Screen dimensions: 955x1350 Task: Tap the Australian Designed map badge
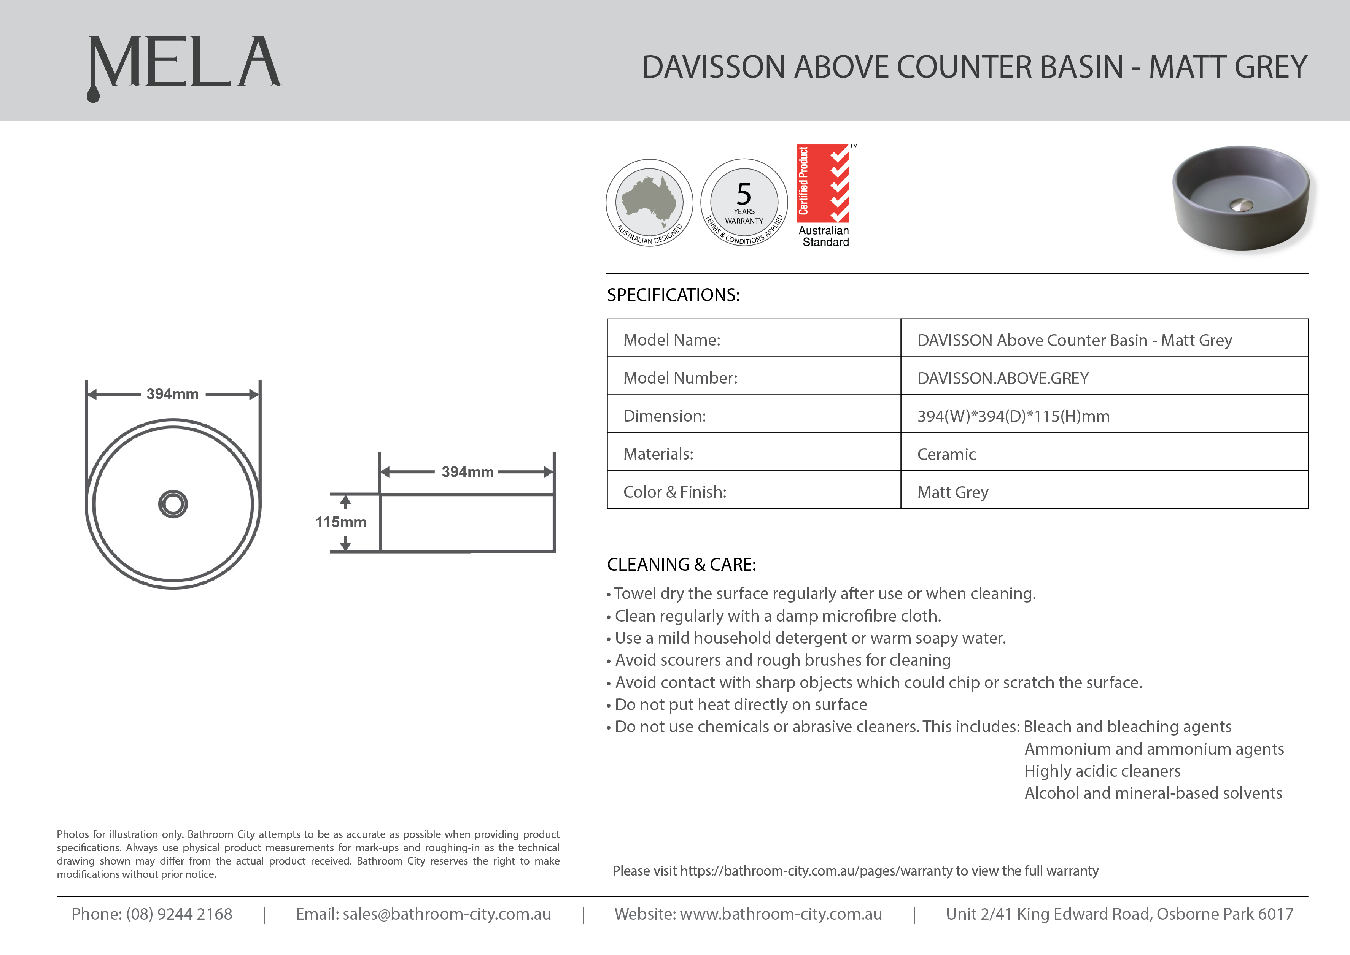(649, 202)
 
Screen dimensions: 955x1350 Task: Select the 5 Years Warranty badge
(744, 202)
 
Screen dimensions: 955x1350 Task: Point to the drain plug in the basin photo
(1241, 205)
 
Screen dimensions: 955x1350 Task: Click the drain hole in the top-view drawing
(173, 504)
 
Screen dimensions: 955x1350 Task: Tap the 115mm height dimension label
(340, 522)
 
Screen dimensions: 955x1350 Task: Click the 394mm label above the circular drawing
(172, 394)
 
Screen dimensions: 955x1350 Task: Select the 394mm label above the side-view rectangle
(467, 472)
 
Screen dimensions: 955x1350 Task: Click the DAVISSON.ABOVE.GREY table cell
(1003, 378)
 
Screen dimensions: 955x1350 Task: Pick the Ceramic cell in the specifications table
(946, 454)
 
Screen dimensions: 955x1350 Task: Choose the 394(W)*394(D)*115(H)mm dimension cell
(1013, 416)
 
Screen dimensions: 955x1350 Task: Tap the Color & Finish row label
(675, 492)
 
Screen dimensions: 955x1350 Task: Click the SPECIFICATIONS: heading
(673, 295)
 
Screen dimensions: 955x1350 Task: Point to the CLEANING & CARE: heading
(681, 565)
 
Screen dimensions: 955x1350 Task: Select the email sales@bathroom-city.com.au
(447, 914)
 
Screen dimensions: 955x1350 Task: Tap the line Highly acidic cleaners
(1102, 771)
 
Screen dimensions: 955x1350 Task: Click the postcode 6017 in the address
(1275, 914)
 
